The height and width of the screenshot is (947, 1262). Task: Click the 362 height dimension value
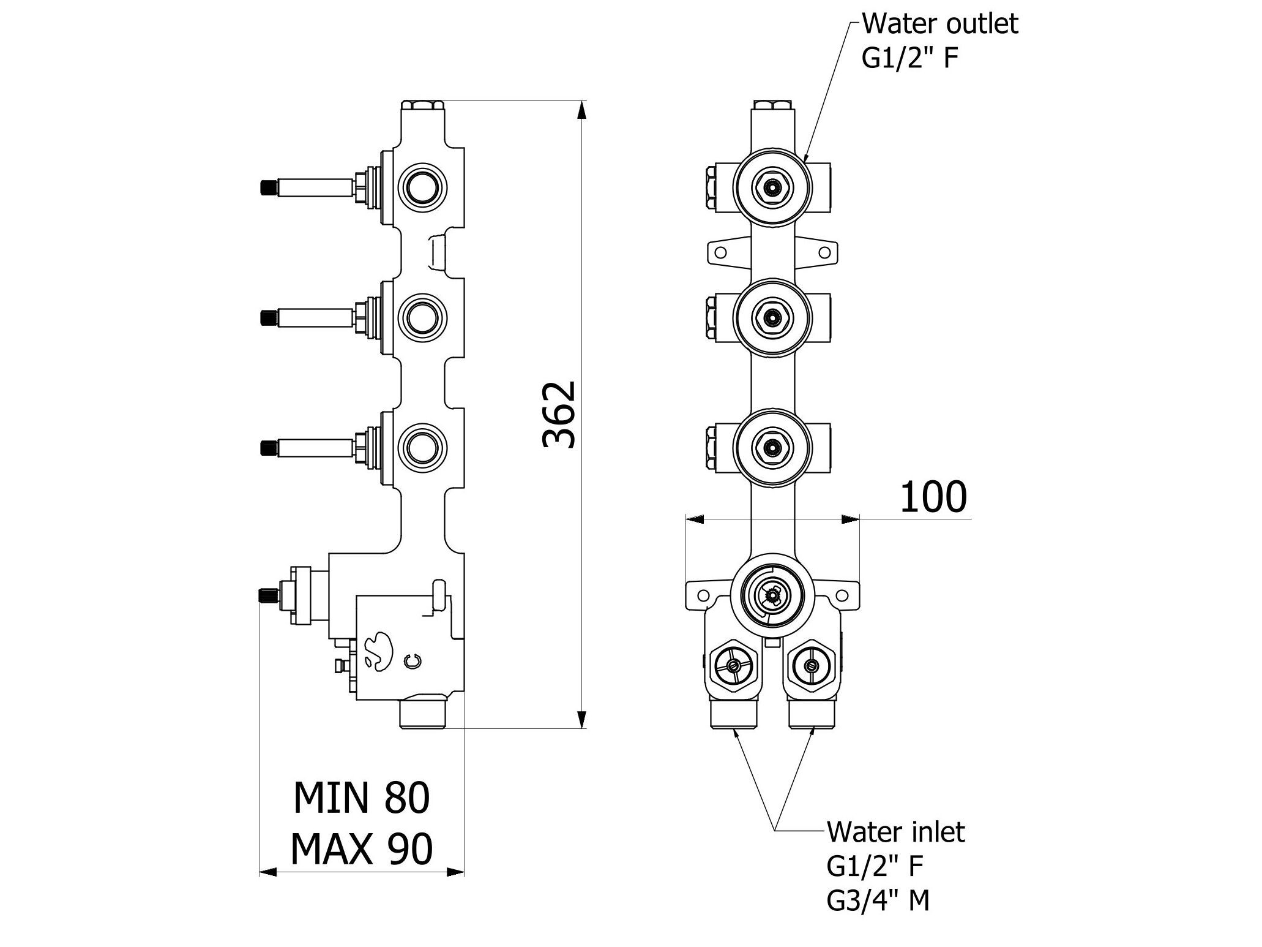(x=559, y=415)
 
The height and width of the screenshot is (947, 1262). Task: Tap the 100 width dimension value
(x=933, y=497)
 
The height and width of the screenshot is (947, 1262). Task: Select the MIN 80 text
(x=362, y=798)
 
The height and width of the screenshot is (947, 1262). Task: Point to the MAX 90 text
(x=362, y=848)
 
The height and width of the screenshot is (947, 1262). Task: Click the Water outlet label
(x=940, y=25)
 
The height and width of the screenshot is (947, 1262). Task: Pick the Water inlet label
(x=896, y=832)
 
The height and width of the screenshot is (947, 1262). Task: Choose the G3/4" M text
(x=878, y=900)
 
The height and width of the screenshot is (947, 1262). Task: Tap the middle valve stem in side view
(x=306, y=317)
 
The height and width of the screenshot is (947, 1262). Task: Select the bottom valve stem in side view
(x=306, y=447)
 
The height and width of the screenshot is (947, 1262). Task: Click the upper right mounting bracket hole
(x=824, y=252)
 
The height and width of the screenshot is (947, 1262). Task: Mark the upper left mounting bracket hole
(x=720, y=252)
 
